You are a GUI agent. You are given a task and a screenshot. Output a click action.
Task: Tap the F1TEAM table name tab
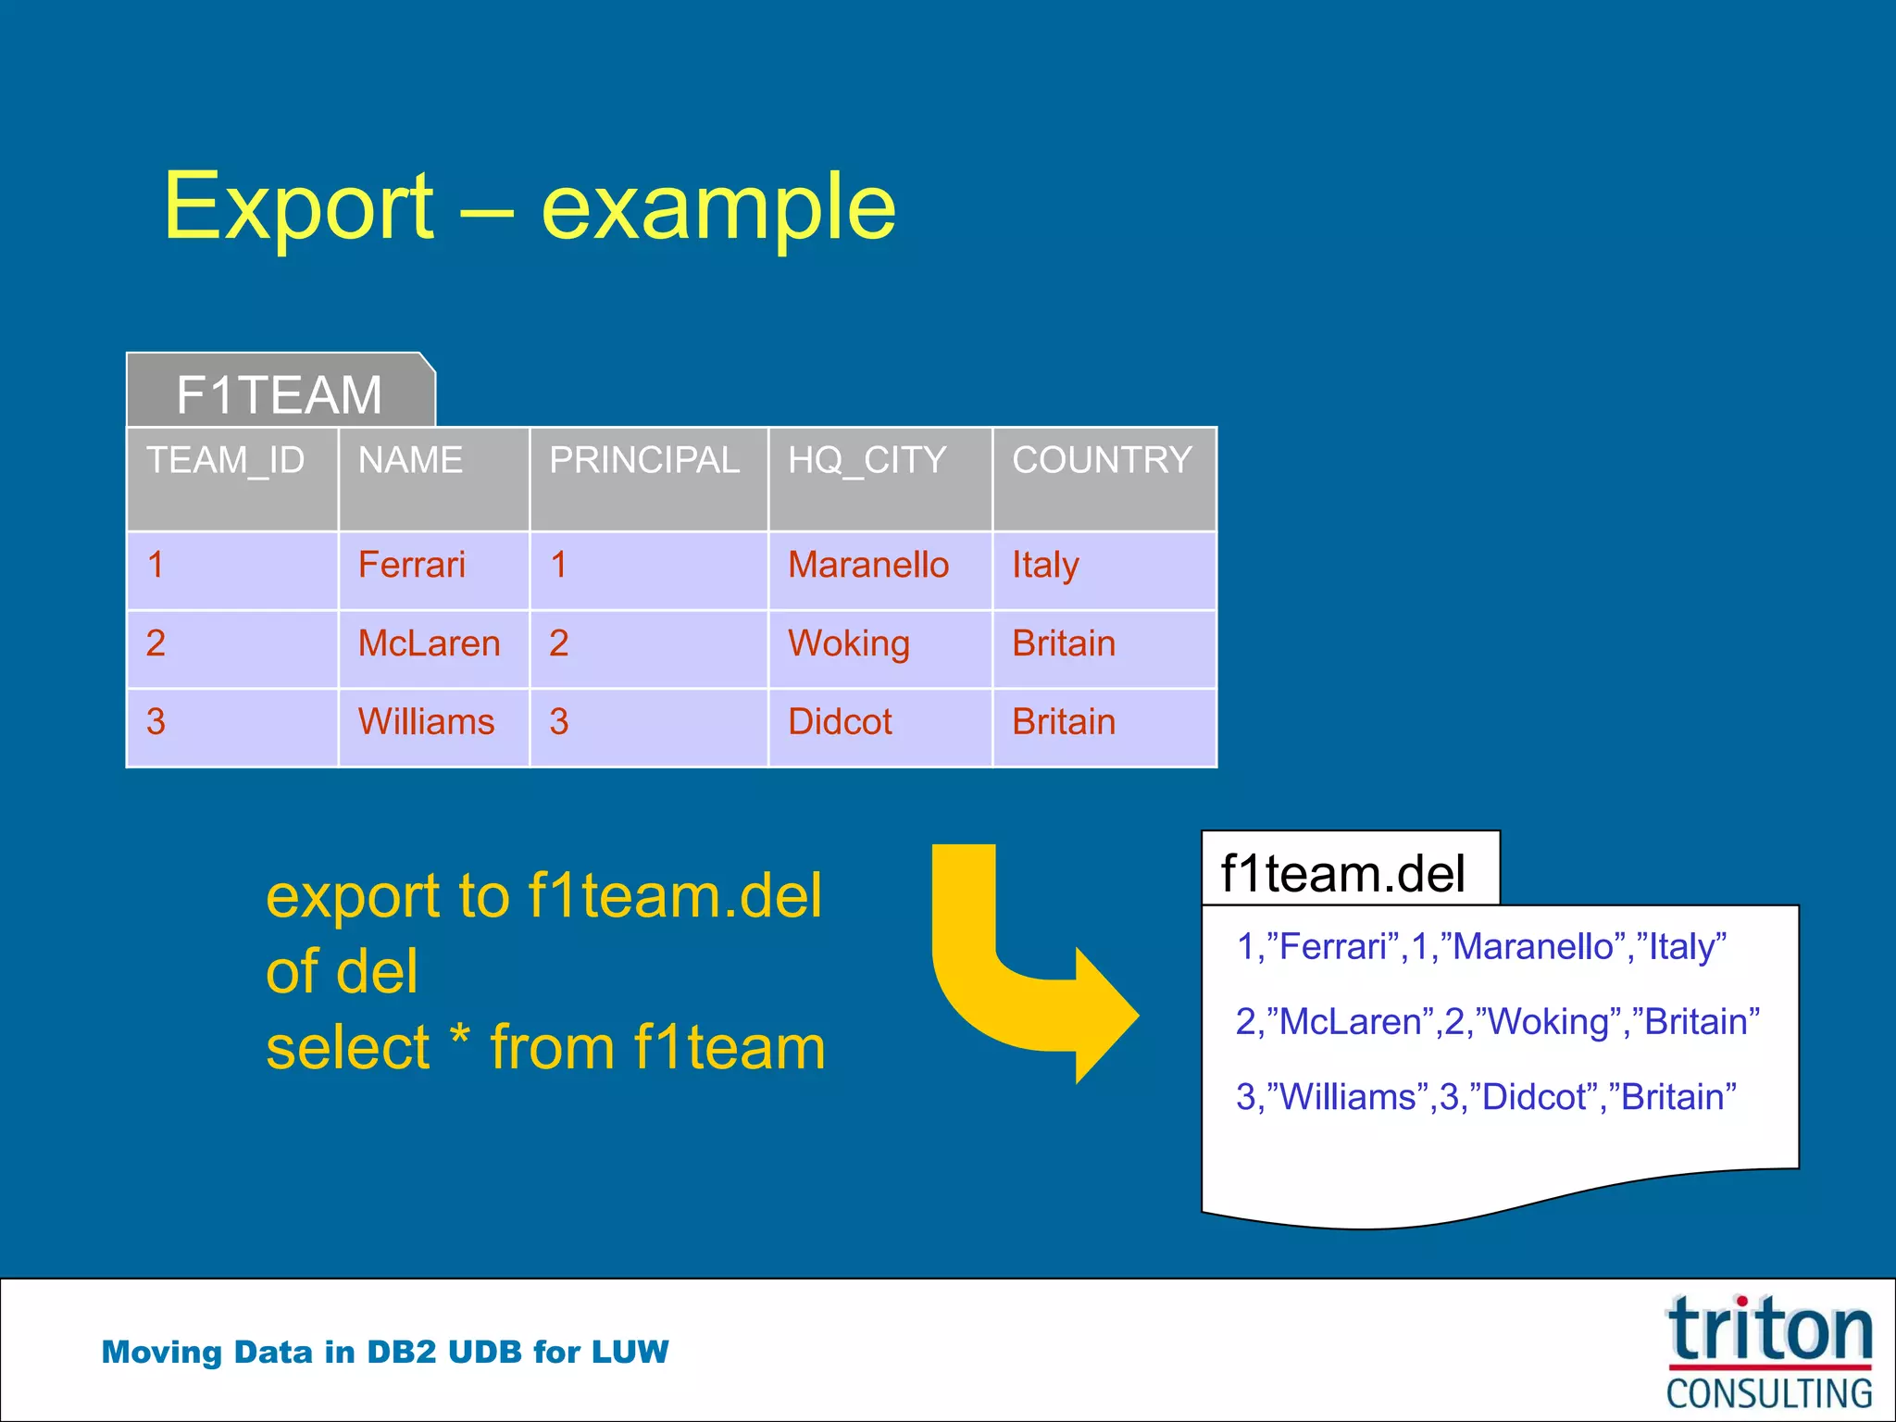coord(280,394)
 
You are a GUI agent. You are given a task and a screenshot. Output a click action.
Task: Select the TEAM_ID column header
coord(226,460)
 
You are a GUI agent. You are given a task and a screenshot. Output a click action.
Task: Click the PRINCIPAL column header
coord(644,460)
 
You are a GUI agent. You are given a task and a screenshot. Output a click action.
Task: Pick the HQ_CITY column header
coord(867,460)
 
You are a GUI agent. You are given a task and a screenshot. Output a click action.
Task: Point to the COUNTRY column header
coord(1102,460)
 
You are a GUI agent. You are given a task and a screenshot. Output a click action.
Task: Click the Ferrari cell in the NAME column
coord(412,565)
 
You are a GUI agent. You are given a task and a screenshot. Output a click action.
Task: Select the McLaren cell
coord(430,643)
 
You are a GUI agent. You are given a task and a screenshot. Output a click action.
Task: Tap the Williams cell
coord(427,722)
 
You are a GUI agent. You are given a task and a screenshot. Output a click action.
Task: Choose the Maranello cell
coord(868,565)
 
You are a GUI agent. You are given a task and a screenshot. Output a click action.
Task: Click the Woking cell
coord(849,643)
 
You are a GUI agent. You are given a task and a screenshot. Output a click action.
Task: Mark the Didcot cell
coord(840,722)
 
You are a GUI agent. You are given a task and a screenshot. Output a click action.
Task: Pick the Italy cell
coord(1045,565)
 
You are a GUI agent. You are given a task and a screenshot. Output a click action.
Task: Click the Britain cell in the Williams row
coord(1064,722)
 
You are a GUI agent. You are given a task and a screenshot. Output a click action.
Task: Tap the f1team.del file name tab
coord(1343,873)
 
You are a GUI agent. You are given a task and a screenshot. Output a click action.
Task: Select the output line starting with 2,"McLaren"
coord(1497,1022)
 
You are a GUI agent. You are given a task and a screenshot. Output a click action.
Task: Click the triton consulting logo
coord(1769,1353)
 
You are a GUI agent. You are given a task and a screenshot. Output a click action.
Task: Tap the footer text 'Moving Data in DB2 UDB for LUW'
coord(385,1353)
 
